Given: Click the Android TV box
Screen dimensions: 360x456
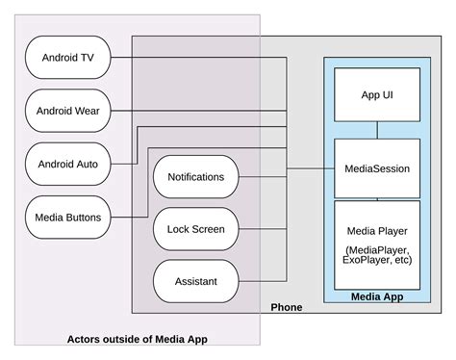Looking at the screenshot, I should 67,58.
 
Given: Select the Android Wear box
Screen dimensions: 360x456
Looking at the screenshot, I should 67,111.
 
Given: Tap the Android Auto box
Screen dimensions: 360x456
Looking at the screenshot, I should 67,164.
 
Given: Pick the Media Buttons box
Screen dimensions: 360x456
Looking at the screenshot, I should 67,216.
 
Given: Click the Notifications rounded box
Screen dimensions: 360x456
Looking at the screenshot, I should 195,177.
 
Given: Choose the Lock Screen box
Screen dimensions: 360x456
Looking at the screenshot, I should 195,229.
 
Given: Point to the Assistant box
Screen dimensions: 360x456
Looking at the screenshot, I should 195,281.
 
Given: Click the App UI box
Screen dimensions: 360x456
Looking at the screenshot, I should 376,94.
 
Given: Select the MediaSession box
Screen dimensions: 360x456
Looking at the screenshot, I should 376,168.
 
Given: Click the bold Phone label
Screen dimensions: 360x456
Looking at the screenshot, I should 286,307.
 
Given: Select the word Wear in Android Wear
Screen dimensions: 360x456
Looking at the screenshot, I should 89,111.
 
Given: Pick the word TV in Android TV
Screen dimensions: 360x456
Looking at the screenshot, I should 88,58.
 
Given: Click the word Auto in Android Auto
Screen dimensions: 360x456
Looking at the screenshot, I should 89,164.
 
